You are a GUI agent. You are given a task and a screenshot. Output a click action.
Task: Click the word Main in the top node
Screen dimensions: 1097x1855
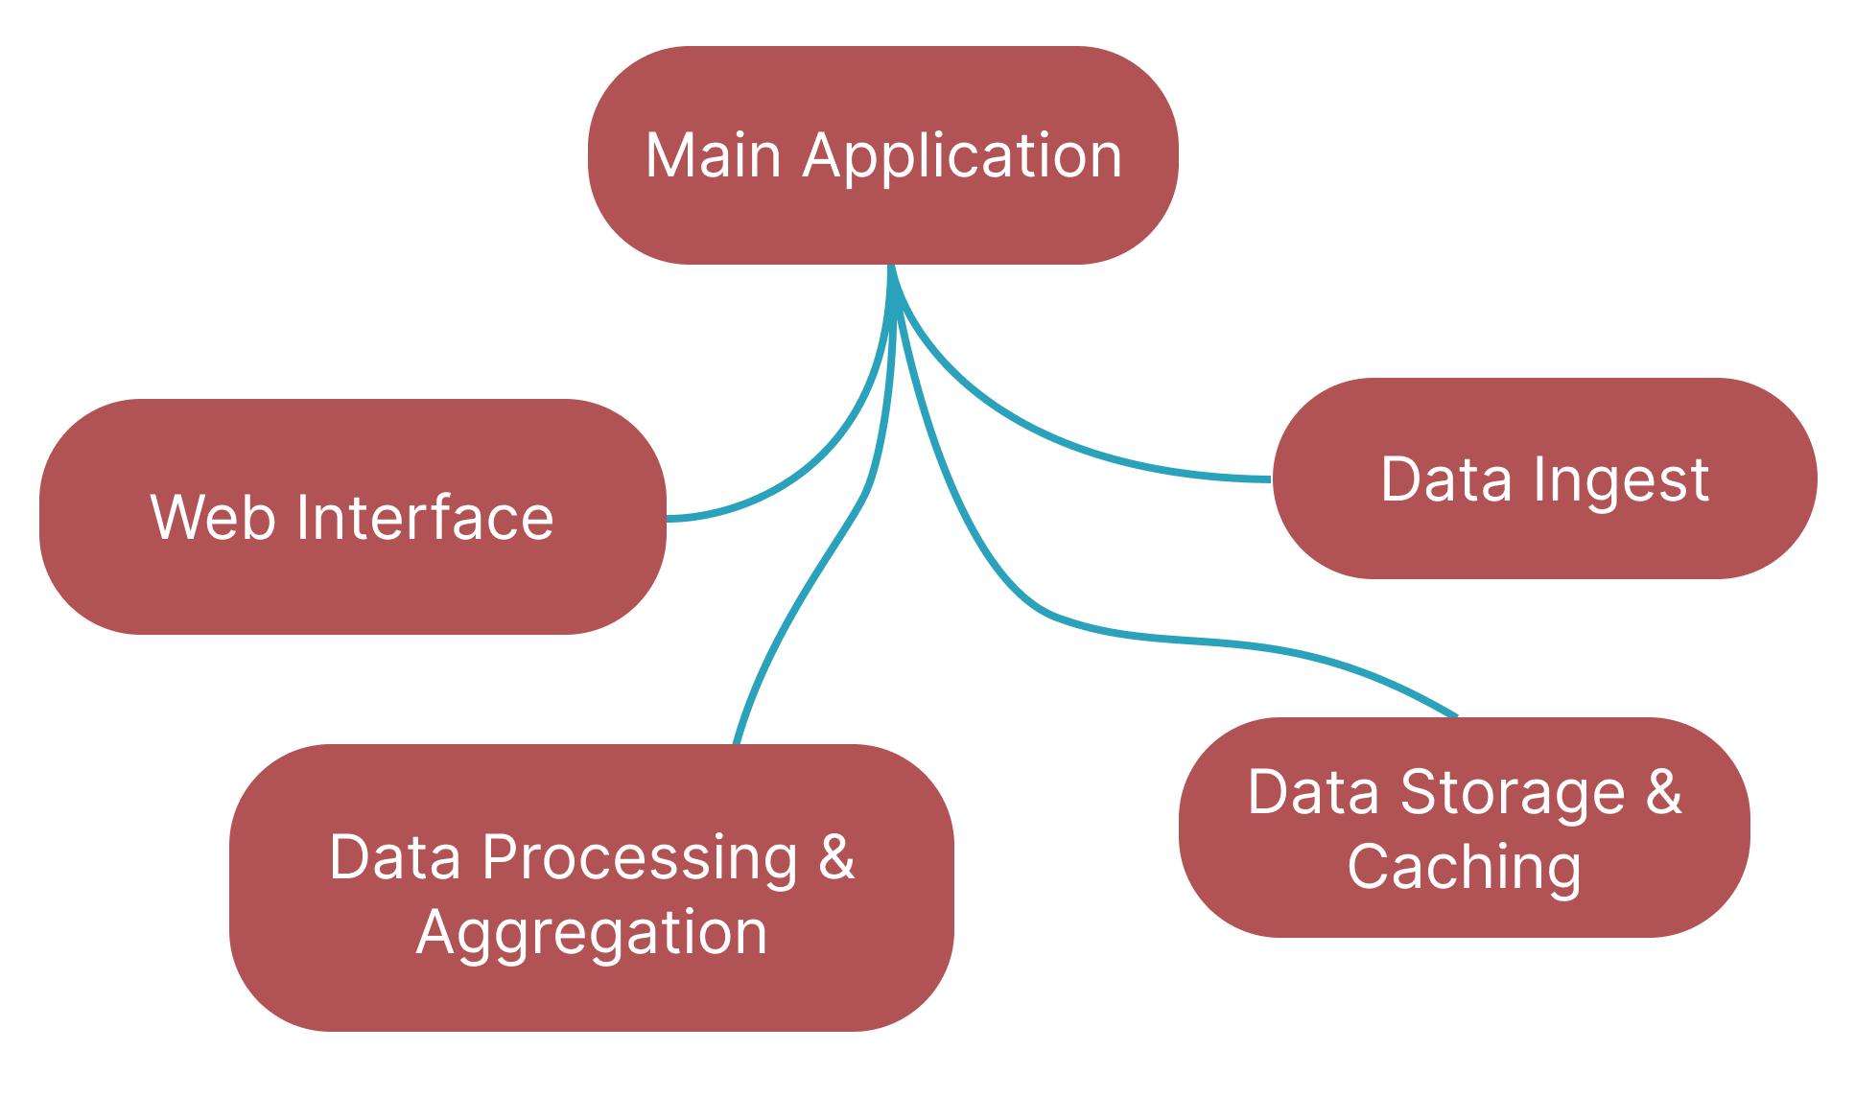pyautogui.click(x=713, y=155)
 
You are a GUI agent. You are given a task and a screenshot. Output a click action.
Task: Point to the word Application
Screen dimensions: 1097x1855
pyautogui.click(x=963, y=156)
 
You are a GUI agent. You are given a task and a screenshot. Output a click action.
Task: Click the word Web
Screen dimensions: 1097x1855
pyautogui.click(x=212, y=518)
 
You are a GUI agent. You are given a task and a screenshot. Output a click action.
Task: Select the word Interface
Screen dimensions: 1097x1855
pyautogui.click(x=425, y=518)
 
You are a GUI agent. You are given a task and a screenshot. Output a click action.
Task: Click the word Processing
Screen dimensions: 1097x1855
pyautogui.click(x=639, y=857)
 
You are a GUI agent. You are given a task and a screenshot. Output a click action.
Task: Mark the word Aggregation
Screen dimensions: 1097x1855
pyautogui.click(x=592, y=932)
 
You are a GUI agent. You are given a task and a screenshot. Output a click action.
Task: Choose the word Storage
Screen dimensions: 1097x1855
pyautogui.click(x=1513, y=793)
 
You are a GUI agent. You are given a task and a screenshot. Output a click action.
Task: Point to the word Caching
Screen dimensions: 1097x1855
pyautogui.click(x=1464, y=868)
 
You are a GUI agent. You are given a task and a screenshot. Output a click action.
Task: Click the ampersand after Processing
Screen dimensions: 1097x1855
pyautogui.click(x=836, y=856)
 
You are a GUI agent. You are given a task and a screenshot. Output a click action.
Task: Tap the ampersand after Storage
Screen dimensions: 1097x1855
pyautogui.click(x=1664, y=792)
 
